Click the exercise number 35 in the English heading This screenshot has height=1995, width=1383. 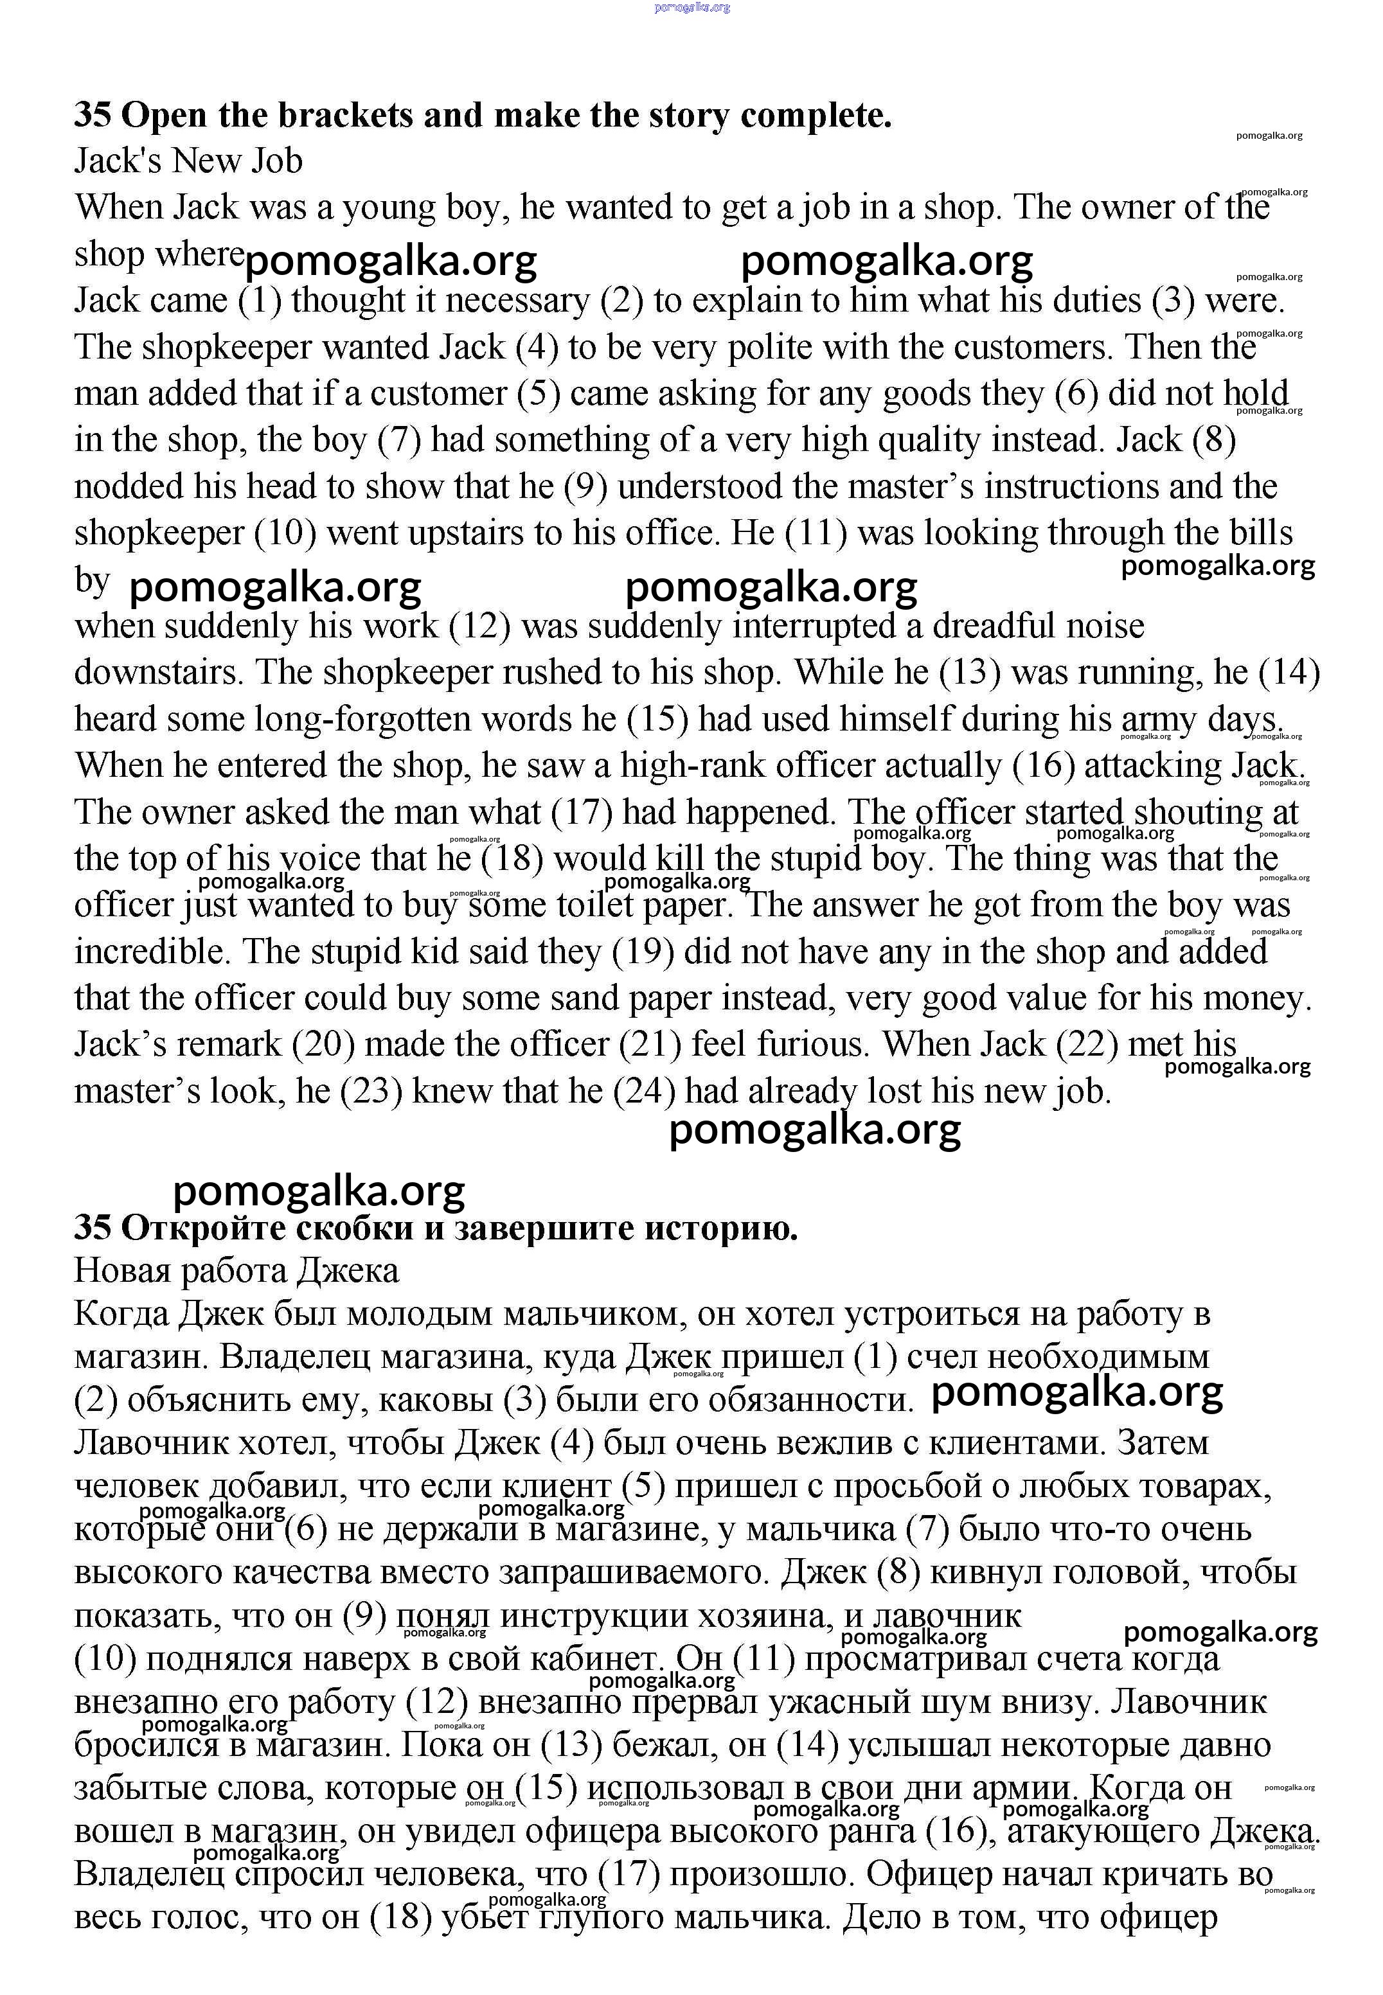[x=92, y=115]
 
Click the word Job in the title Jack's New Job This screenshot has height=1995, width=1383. [x=277, y=161]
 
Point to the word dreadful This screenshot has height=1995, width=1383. [x=982, y=625]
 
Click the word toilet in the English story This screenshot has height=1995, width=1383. [x=585, y=905]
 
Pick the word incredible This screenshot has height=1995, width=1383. [x=152, y=952]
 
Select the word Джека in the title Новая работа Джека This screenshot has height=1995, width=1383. [x=348, y=1271]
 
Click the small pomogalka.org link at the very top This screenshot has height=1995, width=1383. [x=692, y=7]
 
